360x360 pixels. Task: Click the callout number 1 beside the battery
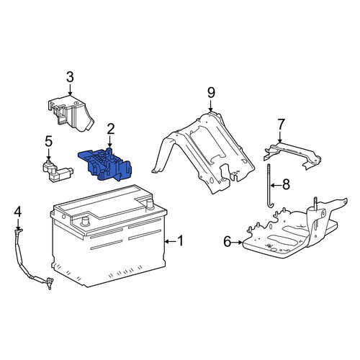tap(180, 240)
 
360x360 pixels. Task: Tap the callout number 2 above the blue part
tap(111, 129)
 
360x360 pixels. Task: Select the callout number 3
tap(70, 77)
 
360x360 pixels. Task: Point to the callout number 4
tap(18, 212)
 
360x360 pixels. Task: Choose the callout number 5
tap(48, 142)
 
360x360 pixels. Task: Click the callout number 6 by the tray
tap(228, 241)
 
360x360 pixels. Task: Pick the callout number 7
tap(281, 125)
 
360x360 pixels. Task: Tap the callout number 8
tap(286, 185)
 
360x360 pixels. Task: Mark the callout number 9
tap(211, 93)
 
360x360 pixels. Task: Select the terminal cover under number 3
tap(71, 114)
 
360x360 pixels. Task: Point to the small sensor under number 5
tap(58, 171)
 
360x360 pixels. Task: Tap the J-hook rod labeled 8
tap(269, 185)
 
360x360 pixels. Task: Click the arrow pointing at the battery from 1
tap(170, 241)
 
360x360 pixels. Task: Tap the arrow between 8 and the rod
tap(275, 185)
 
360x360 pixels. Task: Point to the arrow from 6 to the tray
tap(237, 243)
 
